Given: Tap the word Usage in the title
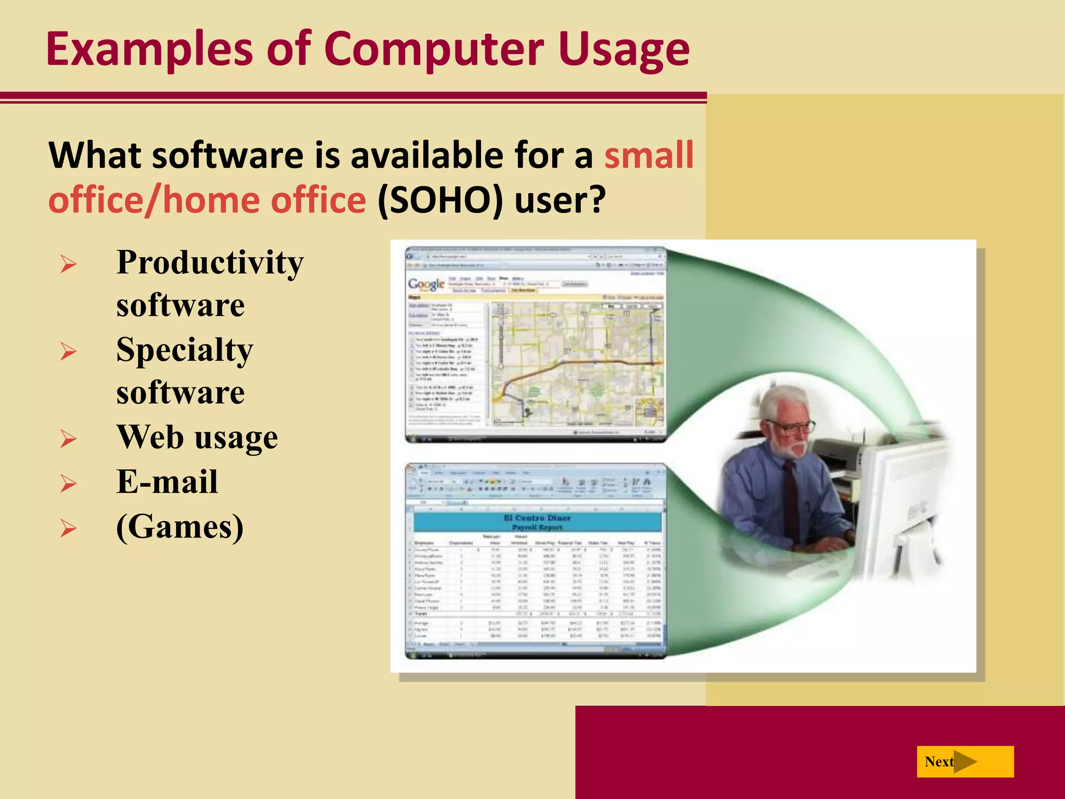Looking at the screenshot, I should tap(624, 50).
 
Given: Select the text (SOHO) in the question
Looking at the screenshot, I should tap(440, 201).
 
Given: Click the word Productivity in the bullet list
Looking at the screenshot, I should tap(210, 263).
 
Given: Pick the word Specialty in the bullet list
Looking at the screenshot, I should tap(184, 350).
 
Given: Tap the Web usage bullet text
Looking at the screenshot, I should tap(197, 437).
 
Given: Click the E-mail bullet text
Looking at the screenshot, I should tap(167, 482).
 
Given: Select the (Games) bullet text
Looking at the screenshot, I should tap(179, 527).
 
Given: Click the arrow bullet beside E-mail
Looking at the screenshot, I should tap(68, 484).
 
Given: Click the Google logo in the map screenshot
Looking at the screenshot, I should tap(426, 284).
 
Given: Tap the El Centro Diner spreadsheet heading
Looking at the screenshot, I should tap(537, 518).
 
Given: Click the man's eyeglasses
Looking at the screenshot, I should tap(793, 428).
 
